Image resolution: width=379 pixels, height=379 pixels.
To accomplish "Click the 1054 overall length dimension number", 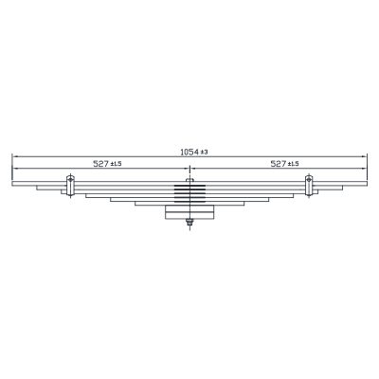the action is pos(189,153).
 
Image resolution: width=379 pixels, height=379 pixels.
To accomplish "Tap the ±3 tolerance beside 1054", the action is pos(205,153).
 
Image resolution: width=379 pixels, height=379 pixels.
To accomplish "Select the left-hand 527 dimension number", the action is pos(100,164).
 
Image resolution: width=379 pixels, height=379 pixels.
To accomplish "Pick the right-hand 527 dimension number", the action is pos(279,164).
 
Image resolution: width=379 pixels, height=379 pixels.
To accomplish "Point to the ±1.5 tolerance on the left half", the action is pos(116,164).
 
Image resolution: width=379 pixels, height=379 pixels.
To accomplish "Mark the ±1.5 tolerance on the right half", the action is pos(294,164).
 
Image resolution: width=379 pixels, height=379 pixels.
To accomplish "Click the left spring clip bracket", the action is pos(70,186).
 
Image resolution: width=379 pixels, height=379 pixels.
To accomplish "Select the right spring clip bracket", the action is pos(309,186).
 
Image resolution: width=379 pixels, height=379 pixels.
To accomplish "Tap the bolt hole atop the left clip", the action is pos(70,179).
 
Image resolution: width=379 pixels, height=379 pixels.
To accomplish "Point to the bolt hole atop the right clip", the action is pos(309,179).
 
